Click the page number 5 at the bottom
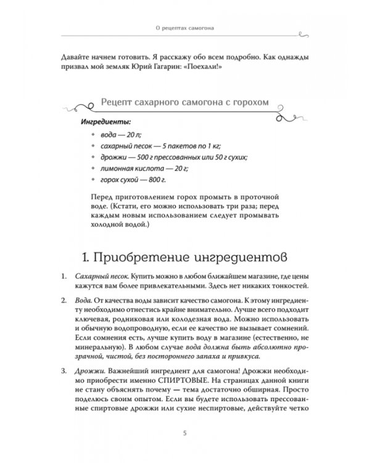[x=185, y=432]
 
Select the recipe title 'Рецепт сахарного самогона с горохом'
[x=185, y=102]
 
